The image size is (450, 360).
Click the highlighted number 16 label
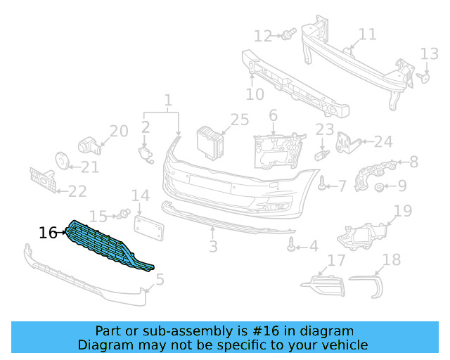click(x=48, y=233)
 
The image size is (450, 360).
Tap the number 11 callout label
click(x=367, y=34)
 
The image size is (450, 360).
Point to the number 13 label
click(x=429, y=53)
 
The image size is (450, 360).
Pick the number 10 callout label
click(x=255, y=94)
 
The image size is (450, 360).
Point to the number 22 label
click(x=77, y=191)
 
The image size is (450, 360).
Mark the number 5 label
click(x=160, y=280)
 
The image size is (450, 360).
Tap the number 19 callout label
click(x=402, y=210)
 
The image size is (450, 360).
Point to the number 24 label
click(x=382, y=142)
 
